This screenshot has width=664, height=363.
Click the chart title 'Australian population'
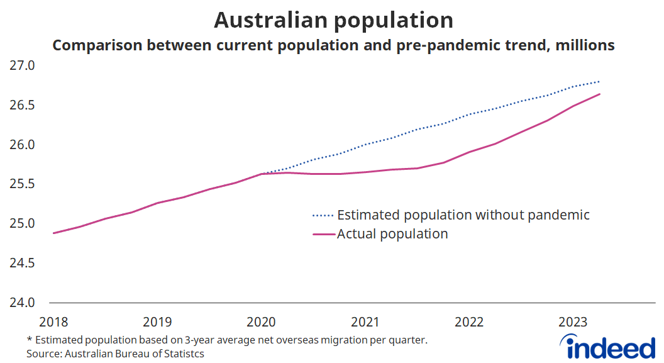point(333,20)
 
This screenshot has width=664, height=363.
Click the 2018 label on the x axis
point(53,322)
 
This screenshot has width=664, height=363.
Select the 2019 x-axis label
point(157,322)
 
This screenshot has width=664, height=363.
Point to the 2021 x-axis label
point(365,322)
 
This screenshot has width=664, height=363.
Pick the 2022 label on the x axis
point(469,322)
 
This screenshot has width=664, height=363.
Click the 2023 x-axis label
point(573,322)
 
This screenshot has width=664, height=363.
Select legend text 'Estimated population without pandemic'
point(463,215)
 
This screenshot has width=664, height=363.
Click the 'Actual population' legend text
point(392,234)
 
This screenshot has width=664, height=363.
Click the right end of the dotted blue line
point(599,82)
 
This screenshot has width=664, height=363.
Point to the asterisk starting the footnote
point(29,340)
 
